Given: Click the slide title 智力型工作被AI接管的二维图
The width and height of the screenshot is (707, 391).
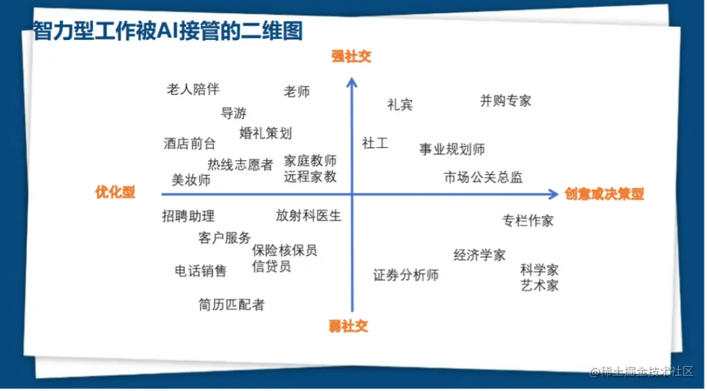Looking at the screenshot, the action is (168, 31).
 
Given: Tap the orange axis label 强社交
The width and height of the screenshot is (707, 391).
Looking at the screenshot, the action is (352, 56).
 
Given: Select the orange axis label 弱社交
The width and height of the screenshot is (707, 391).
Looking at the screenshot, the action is (348, 326).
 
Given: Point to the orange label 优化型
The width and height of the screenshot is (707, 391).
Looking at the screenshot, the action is (115, 192).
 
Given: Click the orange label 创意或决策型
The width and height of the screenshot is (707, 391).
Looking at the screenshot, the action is (604, 194).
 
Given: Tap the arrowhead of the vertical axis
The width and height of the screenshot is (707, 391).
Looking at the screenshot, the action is (352, 82).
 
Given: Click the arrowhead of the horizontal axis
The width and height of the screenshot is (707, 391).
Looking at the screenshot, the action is (554, 195).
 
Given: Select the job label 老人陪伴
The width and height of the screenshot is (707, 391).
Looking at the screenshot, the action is (193, 89).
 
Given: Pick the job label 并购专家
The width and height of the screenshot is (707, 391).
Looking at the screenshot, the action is (505, 101).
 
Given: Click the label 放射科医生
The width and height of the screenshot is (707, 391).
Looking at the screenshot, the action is (308, 215).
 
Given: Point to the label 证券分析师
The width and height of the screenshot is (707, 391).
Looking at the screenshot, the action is (406, 275).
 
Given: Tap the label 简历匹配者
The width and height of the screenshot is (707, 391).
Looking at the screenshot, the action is (231, 305).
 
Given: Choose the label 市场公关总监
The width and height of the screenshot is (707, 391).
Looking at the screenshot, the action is (483, 177).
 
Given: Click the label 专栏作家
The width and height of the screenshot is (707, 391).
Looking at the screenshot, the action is (528, 221).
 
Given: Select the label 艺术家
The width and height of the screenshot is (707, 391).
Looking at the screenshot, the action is (539, 286).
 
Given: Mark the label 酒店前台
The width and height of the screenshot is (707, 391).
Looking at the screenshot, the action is (189, 143).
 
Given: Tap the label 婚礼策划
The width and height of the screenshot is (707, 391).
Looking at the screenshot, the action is (266, 133).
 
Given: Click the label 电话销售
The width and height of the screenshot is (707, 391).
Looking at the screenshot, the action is (200, 270).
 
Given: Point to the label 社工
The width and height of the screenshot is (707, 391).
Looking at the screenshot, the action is (374, 143).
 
